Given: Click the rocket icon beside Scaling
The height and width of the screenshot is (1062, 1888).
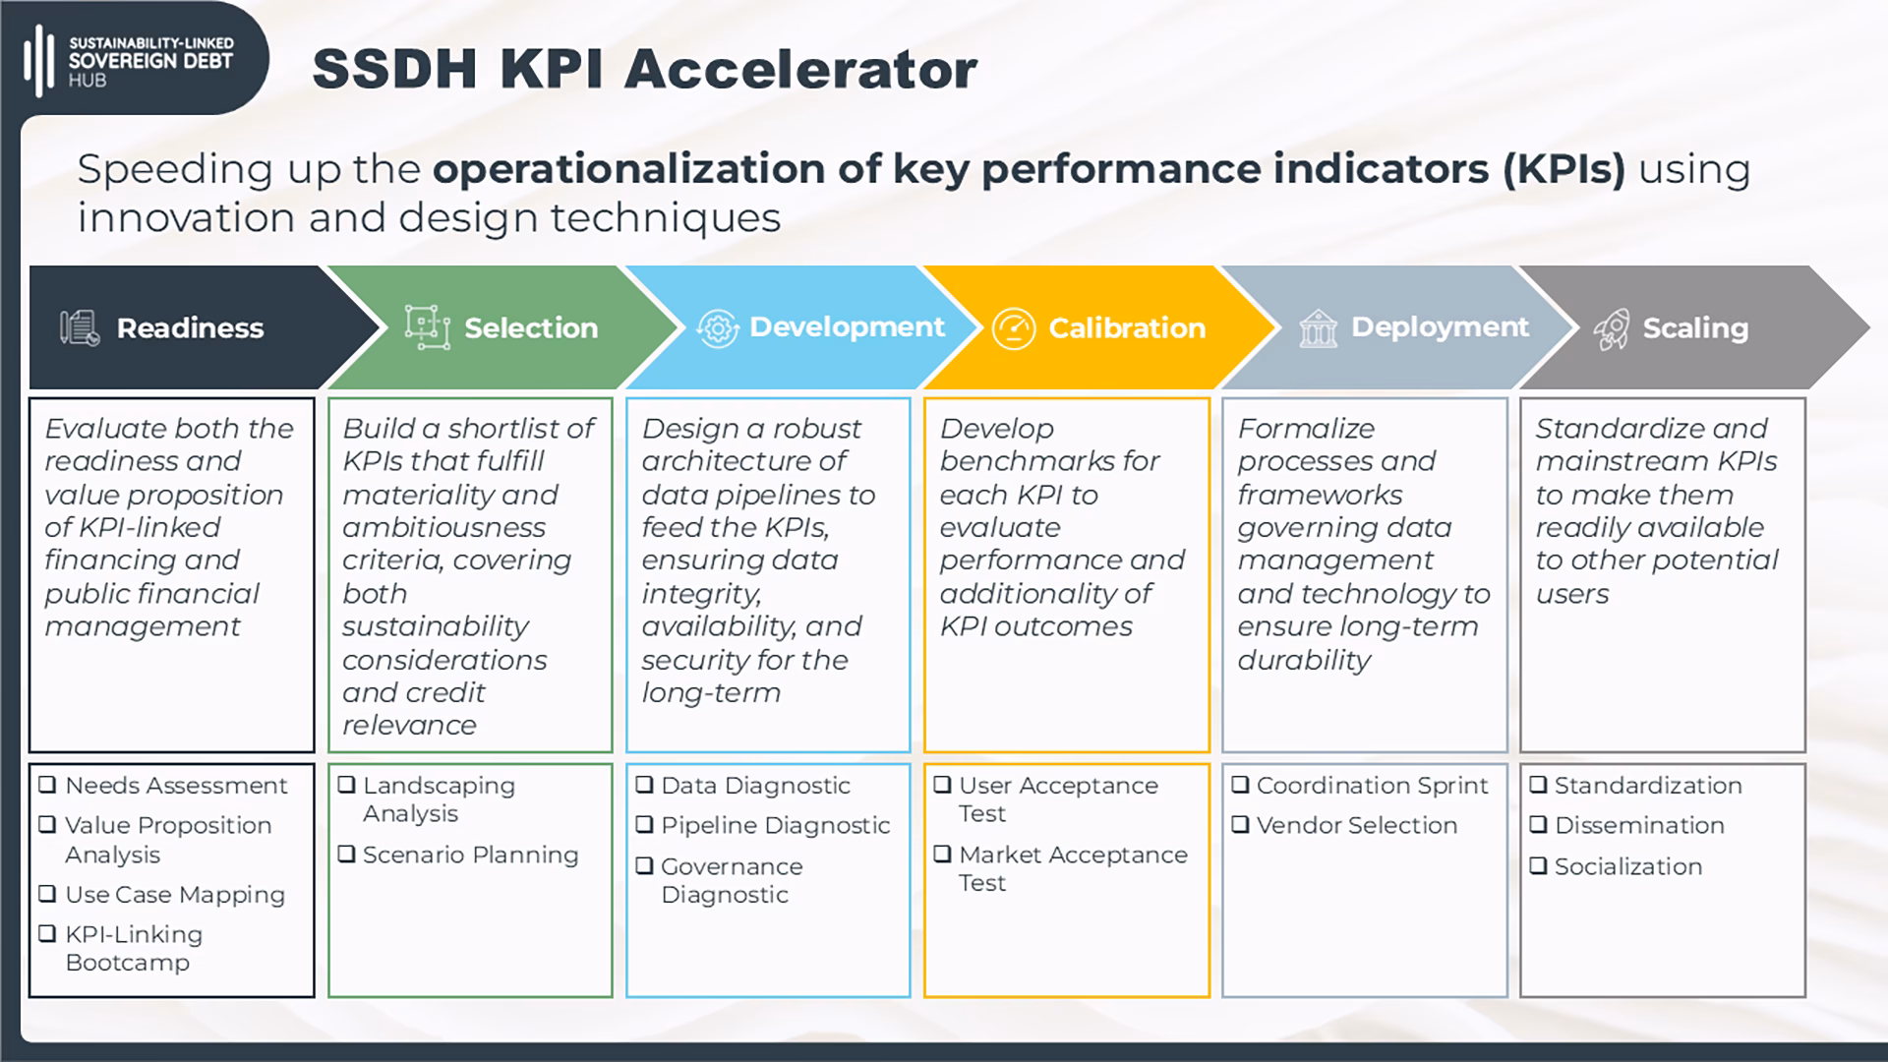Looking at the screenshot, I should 1612,328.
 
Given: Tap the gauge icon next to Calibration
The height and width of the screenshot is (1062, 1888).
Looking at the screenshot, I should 1014,328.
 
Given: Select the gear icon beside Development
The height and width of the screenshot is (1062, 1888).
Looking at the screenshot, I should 717,328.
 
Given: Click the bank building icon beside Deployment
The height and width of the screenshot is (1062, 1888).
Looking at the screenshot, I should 1318,328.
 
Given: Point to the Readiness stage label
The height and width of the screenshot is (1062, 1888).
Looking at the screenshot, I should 190,328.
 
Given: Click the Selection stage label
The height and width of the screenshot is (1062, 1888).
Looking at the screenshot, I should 531,328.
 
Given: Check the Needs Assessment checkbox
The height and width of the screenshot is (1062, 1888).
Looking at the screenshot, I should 47,785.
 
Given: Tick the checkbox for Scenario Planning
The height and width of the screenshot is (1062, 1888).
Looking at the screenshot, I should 346,854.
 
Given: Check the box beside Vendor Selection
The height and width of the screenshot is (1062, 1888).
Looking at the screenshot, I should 1240,824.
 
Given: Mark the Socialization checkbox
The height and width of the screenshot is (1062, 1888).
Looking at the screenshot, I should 1538,865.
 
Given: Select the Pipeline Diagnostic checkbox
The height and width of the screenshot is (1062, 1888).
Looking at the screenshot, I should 644,824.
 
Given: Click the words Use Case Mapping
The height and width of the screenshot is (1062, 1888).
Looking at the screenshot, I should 175,895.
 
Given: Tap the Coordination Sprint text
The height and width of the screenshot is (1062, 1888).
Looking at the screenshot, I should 1372,786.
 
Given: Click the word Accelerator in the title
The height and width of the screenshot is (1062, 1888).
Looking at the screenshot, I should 800,70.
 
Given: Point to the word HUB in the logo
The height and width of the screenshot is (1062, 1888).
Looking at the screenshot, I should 87,81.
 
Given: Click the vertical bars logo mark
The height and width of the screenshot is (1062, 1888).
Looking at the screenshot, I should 38,61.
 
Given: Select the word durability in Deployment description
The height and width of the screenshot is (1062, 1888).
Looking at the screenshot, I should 1304,660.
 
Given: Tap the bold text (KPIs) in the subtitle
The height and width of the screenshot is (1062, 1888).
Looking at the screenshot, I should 1563,169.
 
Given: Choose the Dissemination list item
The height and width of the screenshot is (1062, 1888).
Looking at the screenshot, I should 1639,825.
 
